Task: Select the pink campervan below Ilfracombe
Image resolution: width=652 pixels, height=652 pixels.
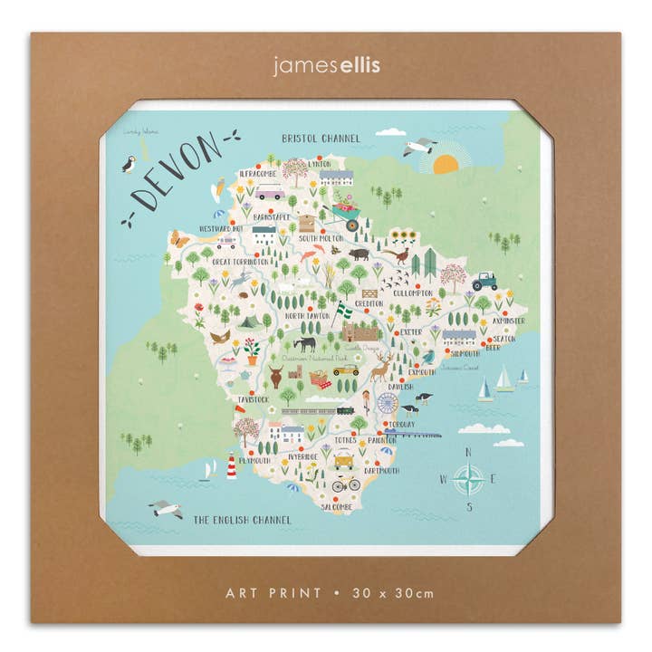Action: pos(270,192)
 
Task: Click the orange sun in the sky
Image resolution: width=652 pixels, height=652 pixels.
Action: pos(446,165)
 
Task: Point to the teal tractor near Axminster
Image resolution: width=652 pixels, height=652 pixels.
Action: pos(484,282)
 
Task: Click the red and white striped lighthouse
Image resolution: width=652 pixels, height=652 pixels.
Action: pos(233,465)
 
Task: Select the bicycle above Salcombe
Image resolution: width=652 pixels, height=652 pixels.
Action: pos(345,484)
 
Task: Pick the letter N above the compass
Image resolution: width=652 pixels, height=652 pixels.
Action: pos(467,454)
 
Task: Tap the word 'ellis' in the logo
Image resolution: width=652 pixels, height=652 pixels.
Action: pos(349,65)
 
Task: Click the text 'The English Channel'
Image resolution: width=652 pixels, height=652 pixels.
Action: pos(243,520)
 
